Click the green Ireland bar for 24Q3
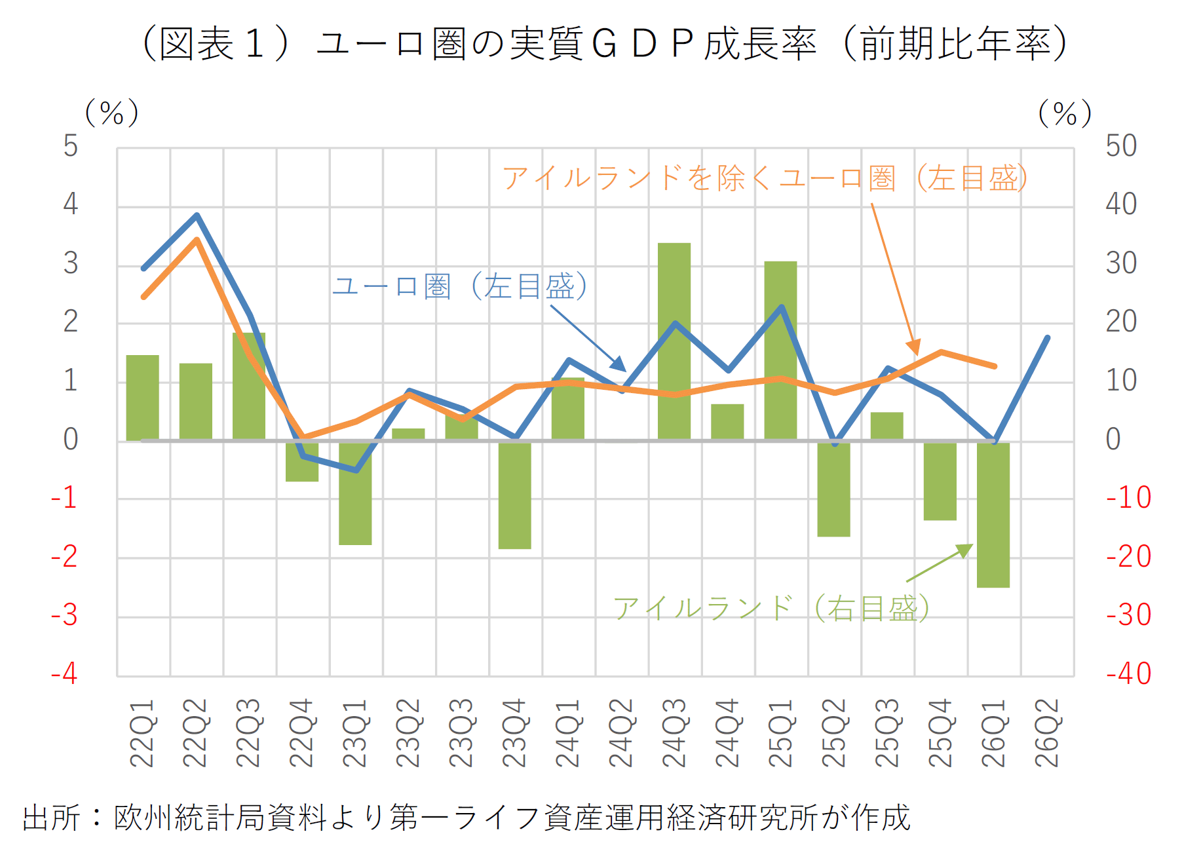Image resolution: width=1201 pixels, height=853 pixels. coord(674,341)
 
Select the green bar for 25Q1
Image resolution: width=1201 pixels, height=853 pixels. coord(780,351)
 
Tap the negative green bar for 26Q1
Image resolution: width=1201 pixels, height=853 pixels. coord(993,514)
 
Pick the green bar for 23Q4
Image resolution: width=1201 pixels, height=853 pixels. coord(515,495)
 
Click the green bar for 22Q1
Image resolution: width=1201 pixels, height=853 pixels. coord(143,398)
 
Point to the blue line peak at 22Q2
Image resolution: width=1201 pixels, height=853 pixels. coord(197,215)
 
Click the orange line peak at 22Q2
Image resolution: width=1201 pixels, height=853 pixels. coord(196,240)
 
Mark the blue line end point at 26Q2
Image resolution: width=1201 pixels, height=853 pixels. coord(1047,338)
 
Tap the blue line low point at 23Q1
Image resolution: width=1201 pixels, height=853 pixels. coord(356,470)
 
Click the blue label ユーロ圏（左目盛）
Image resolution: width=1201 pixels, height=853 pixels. coord(460,286)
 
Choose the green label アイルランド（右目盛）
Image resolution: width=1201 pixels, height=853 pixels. coord(771,608)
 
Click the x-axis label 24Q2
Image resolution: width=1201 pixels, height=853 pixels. coord(621,732)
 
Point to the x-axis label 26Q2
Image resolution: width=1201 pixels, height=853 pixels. coord(1047,732)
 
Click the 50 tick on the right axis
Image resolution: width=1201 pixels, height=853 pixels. coord(1121,145)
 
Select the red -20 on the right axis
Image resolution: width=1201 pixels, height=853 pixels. coord(1128,556)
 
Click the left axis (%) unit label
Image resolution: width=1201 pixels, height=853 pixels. coord(112,113)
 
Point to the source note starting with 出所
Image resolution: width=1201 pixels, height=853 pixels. coord(467,818)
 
